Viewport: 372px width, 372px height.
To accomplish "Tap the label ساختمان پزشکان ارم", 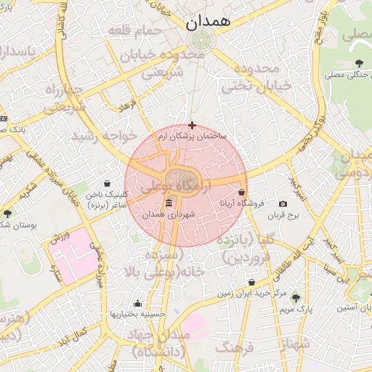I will tap(192, 136).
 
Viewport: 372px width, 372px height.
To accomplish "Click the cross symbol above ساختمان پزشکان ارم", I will tap(192, 125).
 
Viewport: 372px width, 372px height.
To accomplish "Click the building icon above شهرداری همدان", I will tap(169, 203).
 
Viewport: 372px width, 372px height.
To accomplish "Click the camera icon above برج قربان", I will tap(283, 204).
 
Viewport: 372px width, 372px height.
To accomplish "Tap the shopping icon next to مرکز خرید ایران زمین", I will tap(252, 283).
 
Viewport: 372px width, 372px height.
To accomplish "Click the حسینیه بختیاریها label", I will tap(137, 314).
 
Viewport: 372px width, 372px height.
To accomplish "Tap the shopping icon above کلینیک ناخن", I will tap(108, 183).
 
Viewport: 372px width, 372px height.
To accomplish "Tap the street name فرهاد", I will tap(129, 106).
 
